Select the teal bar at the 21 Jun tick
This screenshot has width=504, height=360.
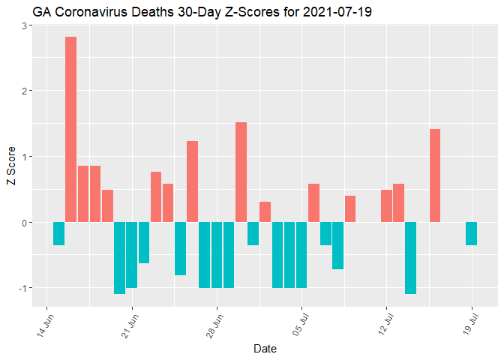(x=132, y=255)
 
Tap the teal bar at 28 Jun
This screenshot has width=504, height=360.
(x=217, y=255)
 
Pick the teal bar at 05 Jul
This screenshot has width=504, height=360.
(x=301, y=255)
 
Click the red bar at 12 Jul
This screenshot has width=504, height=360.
(x=386, y=206)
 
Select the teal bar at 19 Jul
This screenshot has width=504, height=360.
(x=471, y=234)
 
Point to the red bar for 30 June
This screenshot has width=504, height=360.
(x=241, y=172)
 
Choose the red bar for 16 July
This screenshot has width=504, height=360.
(x=435, y=175)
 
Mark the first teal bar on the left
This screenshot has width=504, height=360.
(x=59, y=234)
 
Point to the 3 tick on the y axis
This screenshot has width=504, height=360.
(x=25, y=25)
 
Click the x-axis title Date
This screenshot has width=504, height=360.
(x=265, y=349)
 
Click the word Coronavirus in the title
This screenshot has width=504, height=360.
(x=89, y=13)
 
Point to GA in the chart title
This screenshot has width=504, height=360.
(x=41, y=13)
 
